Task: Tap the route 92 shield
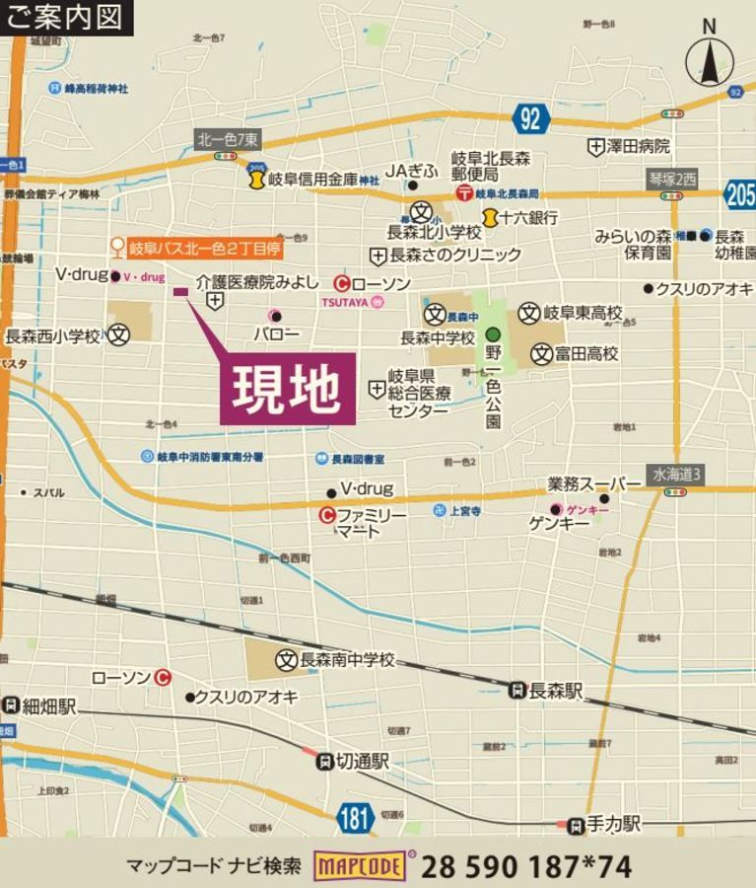point(530,118)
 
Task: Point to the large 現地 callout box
point(288,389)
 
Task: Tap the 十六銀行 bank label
point(527,216)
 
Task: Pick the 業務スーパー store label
point(587,484)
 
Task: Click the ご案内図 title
point(65,17)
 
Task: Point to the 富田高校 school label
point(585,353)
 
